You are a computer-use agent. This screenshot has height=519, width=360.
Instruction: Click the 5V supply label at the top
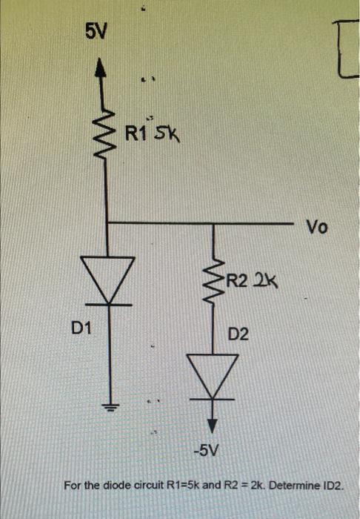96,31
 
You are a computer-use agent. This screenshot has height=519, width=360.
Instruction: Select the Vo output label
316,228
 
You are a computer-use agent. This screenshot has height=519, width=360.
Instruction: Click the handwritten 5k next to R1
164,136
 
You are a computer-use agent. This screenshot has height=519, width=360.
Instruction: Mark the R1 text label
136,134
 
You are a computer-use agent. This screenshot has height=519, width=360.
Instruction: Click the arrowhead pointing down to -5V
213,426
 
